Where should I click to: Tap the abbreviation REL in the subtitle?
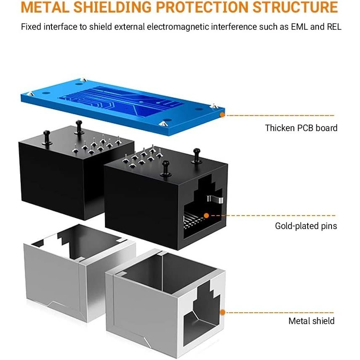pyautogui.click(x=332, y=27)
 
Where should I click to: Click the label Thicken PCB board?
pyautogui.click(x=301, y=128)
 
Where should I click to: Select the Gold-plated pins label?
pyautogui.click(x=306, y=226)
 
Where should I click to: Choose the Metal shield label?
pyautogui.click(x=311, y=321)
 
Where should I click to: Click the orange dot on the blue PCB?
pyautogui.click(x=222, y=114)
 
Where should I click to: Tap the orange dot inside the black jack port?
pyautogui.click(x=206, y=216)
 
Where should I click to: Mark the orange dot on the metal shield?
pyautogui.click(x=223, y=312)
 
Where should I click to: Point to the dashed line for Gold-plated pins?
pyautogui.click(x=272, y=216)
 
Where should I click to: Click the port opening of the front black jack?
pyautogui.click(x=201, y=209)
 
